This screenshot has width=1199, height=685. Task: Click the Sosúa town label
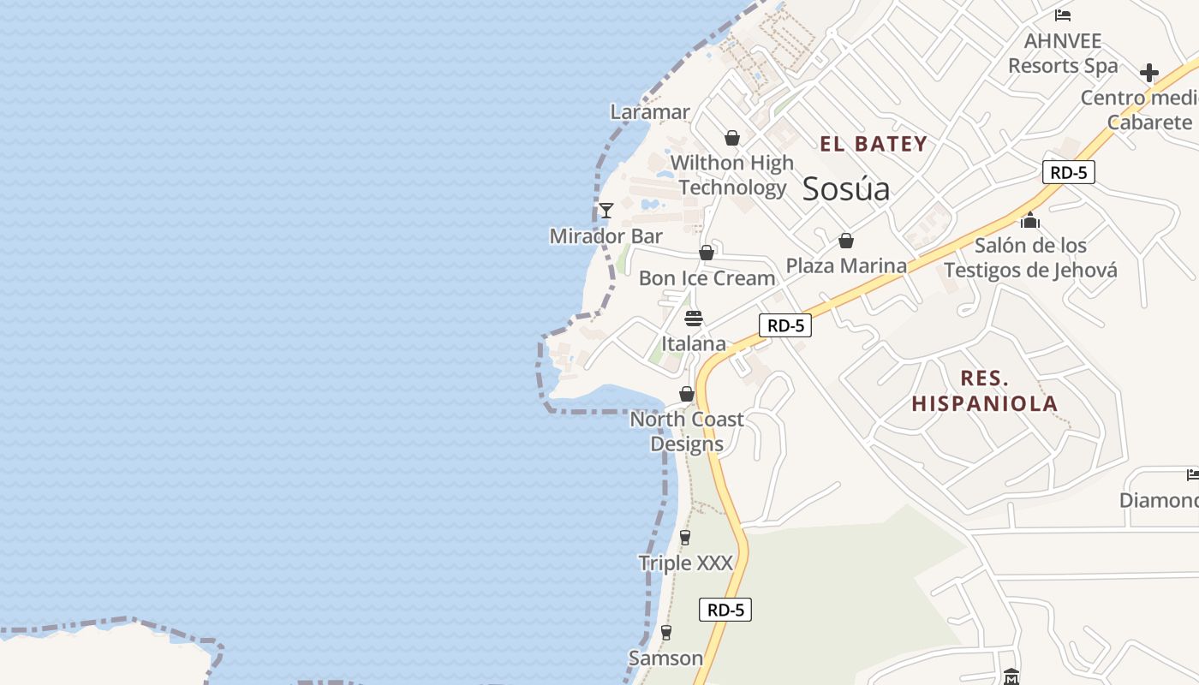846,189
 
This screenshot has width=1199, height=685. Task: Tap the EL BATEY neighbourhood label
874,144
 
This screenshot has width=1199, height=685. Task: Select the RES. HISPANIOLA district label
985,390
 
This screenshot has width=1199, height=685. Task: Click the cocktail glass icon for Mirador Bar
606,210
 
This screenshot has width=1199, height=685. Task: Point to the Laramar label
650,112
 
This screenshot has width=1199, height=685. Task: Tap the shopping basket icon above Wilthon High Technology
732,137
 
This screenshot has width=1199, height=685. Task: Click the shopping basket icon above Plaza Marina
846,241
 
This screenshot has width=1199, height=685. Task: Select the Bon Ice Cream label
707,278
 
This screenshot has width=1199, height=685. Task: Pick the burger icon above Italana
694,319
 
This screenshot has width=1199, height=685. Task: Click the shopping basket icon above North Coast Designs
687,394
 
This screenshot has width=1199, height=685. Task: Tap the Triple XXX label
686,563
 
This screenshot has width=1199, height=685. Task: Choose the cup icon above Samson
666,633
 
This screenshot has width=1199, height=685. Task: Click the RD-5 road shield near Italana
785,325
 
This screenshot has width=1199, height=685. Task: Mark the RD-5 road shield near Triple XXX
725,610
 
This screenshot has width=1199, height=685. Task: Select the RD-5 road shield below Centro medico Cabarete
1069,172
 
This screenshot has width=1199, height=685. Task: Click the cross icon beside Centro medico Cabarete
1149,73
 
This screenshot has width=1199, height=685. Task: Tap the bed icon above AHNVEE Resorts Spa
1063,15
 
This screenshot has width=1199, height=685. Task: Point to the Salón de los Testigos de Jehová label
1030,258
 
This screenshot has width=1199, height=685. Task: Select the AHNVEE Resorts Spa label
1063,53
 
